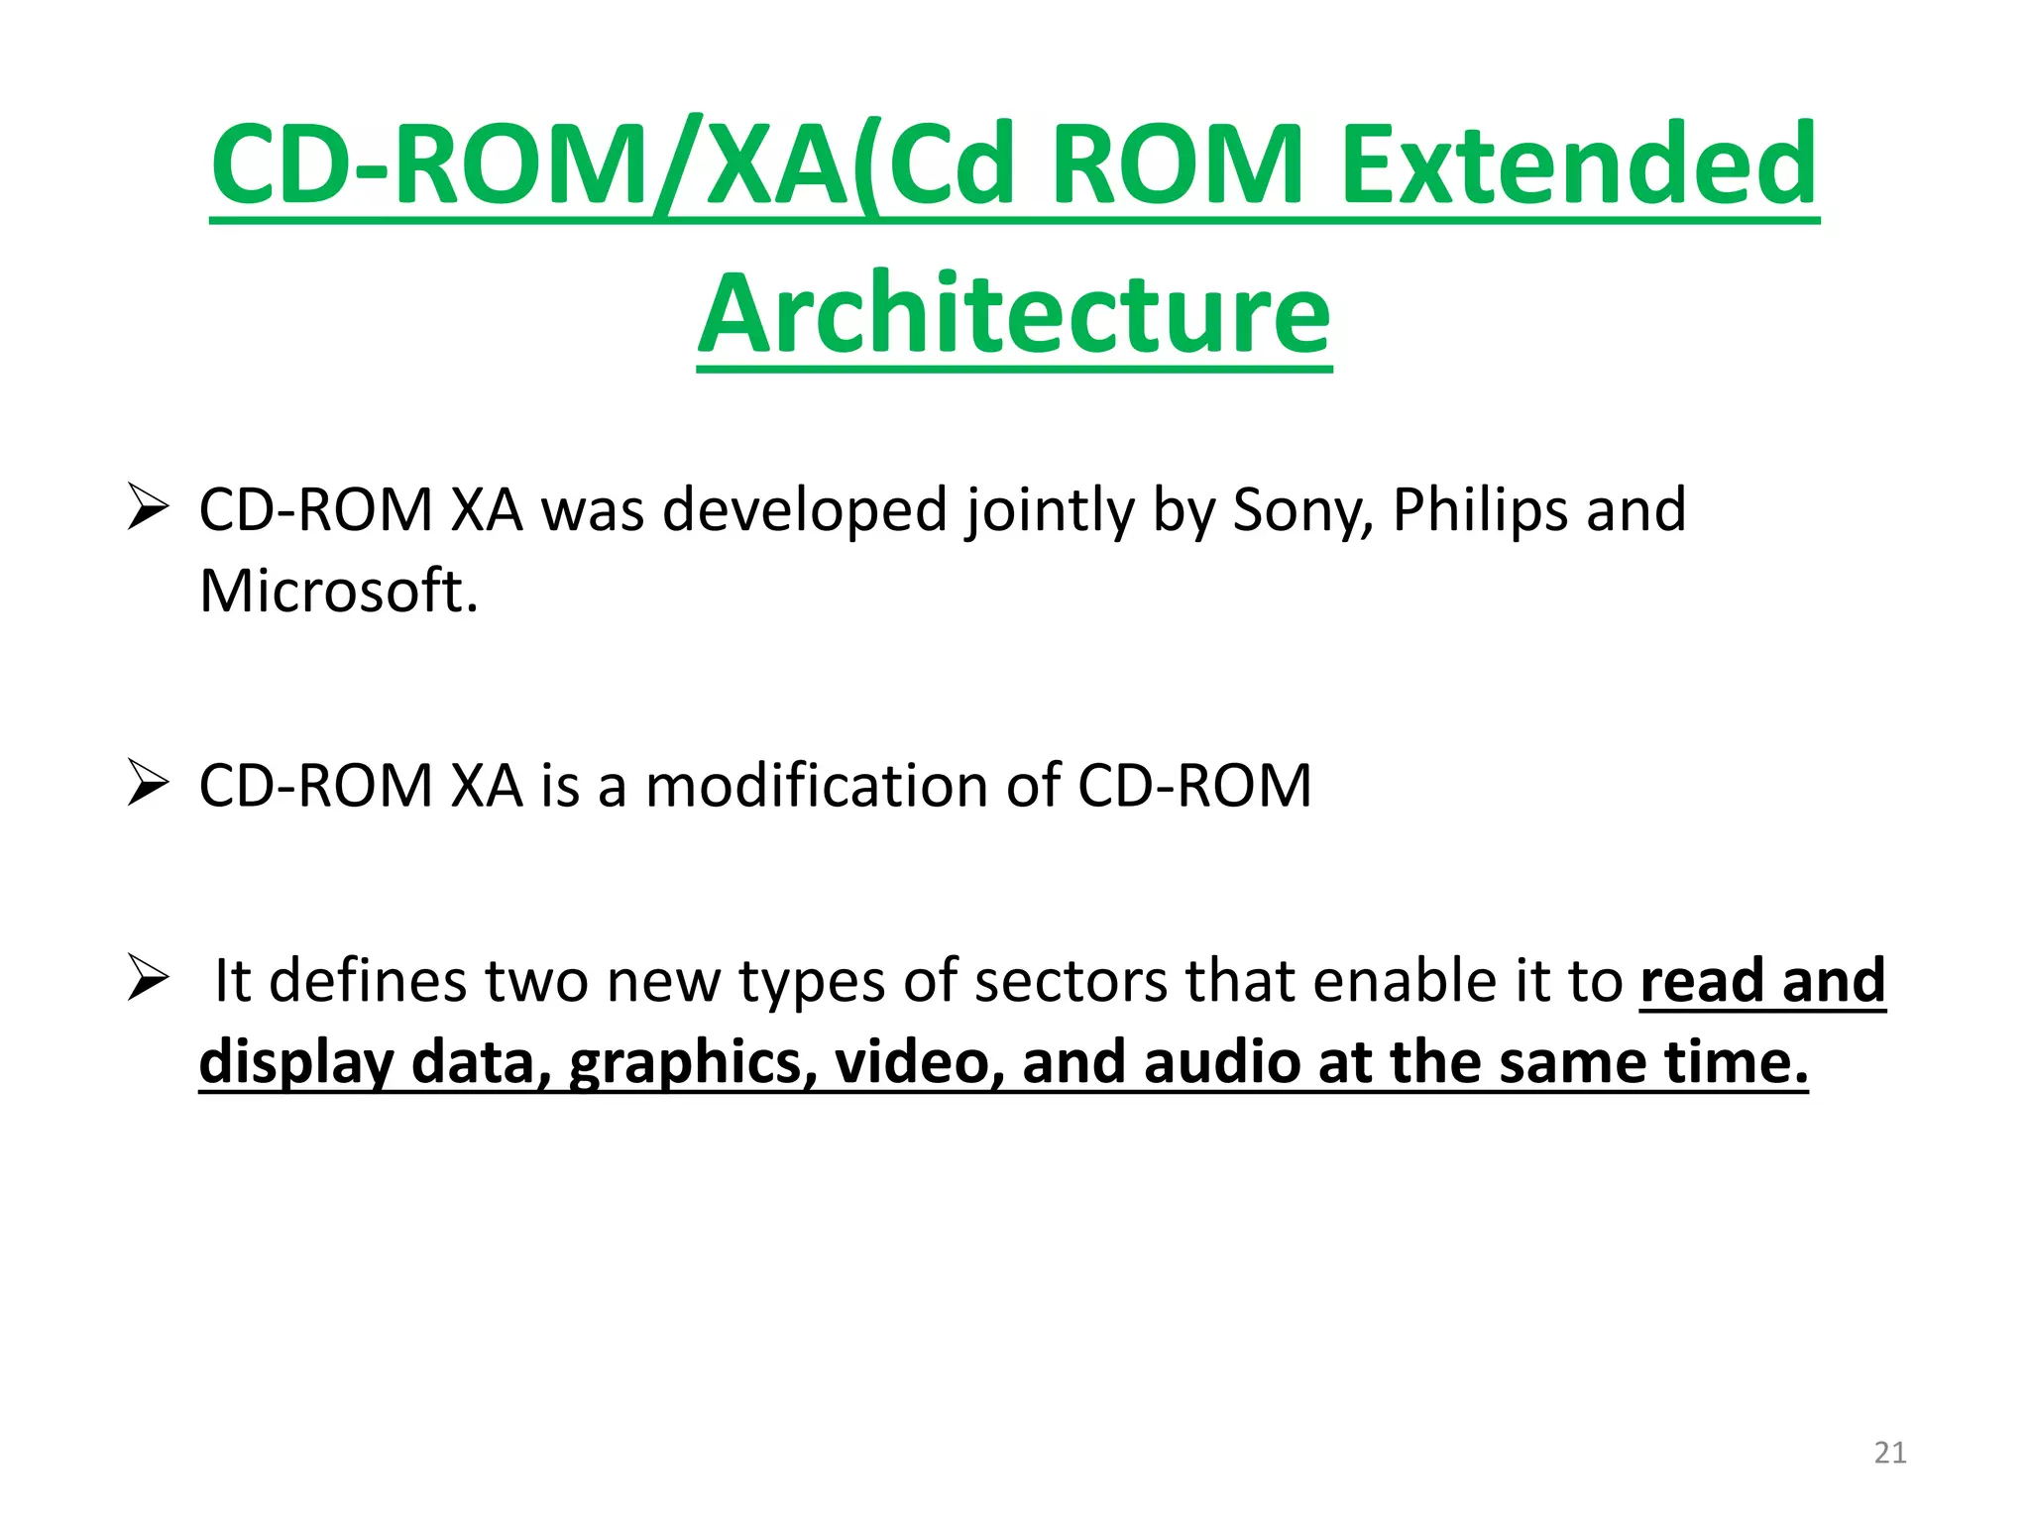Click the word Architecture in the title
(x=1014, y=315)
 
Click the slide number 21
(x=1890, y=1453)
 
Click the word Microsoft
(x=338, y=592)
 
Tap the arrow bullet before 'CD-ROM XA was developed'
(x=148, y=509)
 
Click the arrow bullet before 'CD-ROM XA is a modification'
(x=148, y=785)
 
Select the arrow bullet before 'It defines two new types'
(x=148, y=980)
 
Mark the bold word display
(x=296, y=1064)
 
